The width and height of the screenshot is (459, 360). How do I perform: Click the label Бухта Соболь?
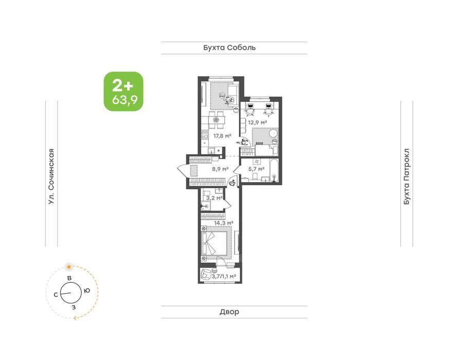229,48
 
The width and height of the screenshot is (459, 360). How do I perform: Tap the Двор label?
229,312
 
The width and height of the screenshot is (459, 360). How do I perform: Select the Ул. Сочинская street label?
51,176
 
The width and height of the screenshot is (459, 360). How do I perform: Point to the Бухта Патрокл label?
407,176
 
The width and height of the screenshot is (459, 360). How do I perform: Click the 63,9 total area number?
125,100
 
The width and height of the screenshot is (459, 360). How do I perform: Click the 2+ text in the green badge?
122,86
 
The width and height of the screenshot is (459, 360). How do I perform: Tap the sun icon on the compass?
69,266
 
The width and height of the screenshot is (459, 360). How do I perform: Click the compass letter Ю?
86,291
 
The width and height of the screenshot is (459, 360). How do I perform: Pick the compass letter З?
74,307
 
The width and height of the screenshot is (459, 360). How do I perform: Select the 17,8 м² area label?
222,136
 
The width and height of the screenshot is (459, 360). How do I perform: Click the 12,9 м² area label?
257,122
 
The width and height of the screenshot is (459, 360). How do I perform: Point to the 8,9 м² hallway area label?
220,169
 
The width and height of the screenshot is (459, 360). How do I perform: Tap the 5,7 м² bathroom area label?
256,169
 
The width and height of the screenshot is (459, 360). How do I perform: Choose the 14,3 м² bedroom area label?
223,223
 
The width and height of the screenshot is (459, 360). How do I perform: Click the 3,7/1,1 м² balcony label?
224,276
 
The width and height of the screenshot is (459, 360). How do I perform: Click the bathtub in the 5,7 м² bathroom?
274,170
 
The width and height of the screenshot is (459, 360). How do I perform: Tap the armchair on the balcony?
206,275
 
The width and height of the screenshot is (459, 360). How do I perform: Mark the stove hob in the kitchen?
205,135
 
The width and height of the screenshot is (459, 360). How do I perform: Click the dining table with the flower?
217,120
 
